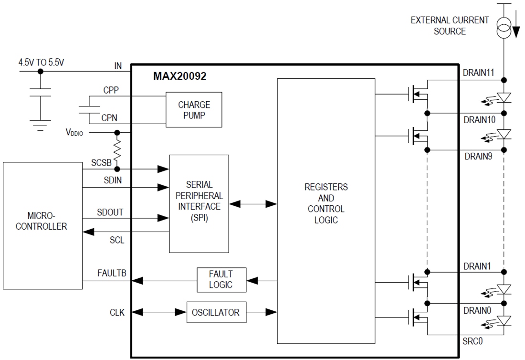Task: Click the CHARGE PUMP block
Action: (x=194, y=109)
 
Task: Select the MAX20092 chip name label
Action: (x=179, y=76)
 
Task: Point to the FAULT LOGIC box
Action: (x=221, y=280)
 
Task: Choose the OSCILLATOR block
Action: (x=216, y=312)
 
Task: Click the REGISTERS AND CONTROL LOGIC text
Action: (x=326, y=203)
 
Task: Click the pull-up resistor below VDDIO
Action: (x=116, y=150)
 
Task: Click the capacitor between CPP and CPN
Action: (x=87, y=108)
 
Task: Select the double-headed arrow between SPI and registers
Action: (x=253, y=204)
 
